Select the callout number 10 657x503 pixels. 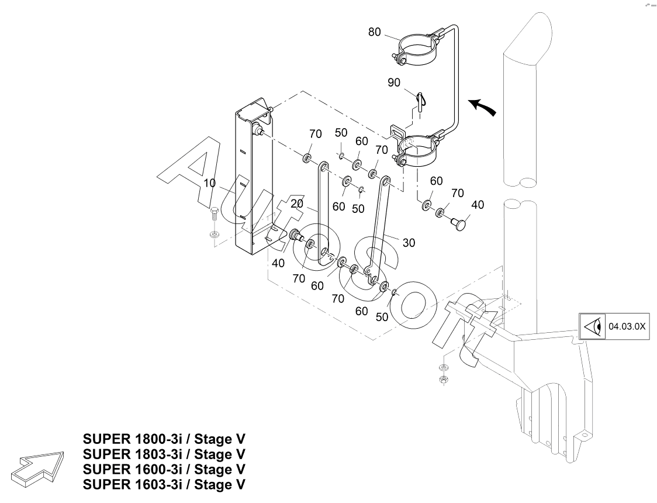210,184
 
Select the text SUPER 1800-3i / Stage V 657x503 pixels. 164,439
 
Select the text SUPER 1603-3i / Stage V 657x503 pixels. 164,485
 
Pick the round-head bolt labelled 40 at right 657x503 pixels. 461,223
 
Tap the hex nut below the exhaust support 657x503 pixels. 443,380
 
